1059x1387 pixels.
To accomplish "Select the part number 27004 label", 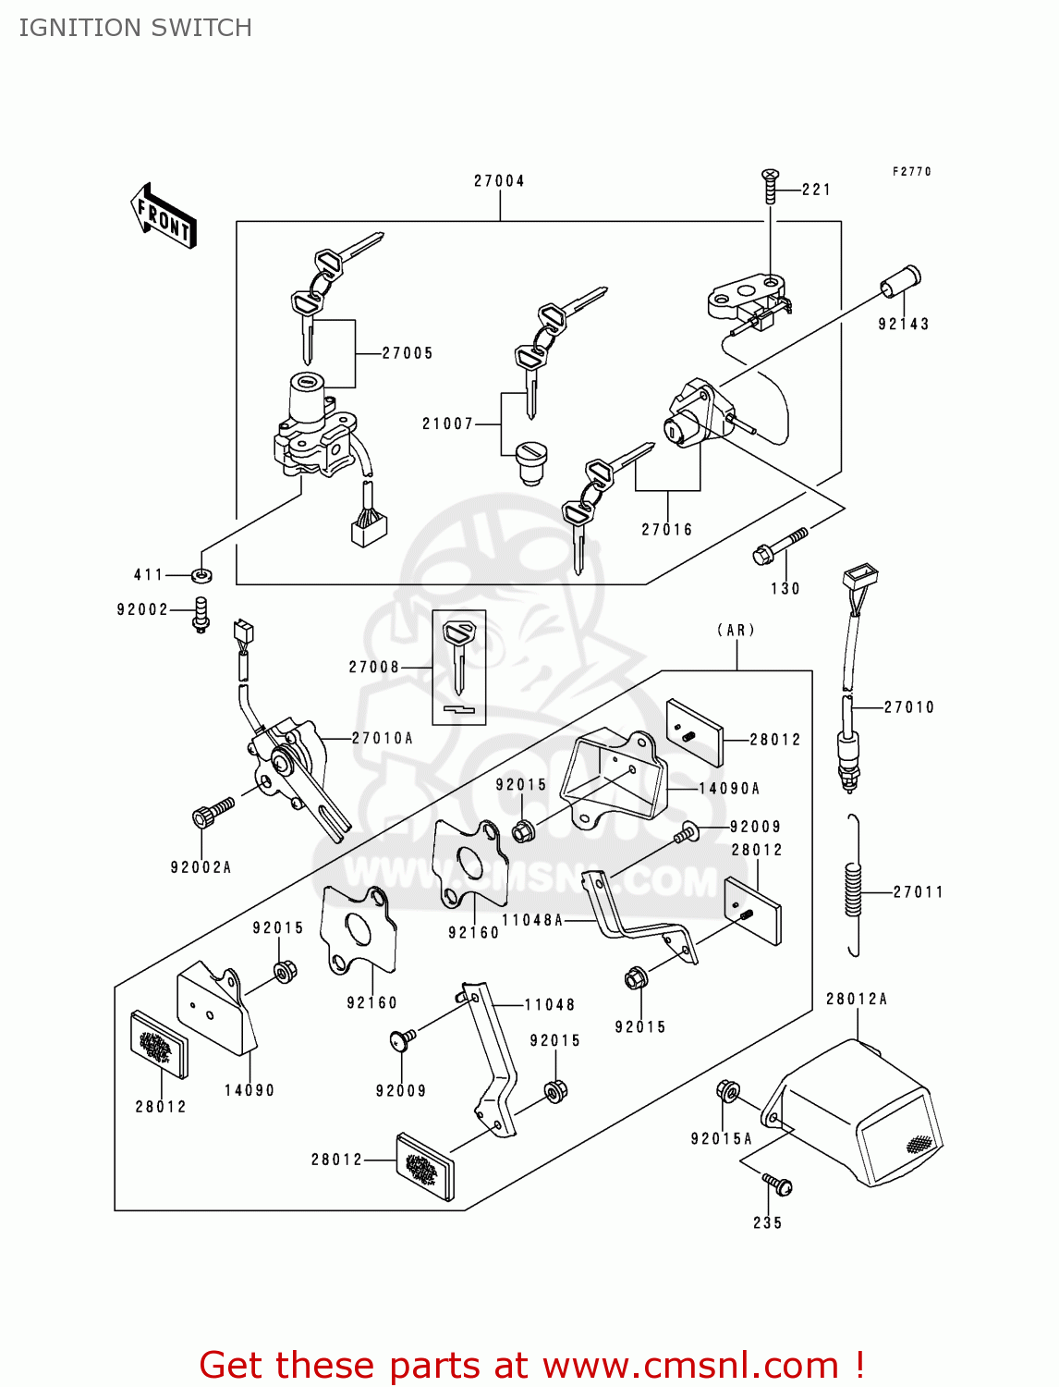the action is (x=499, y=181).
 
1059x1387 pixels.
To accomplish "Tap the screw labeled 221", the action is (x=770, y=186).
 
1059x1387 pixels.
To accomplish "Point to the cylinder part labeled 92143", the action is (x=901, y=282).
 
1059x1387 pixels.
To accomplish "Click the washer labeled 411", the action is (x=201, y=575).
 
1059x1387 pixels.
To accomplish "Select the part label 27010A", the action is (x=382, y=737).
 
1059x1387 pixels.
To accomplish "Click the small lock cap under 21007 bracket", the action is (x=531, y=462).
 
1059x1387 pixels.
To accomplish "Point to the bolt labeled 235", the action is (x=777, y=1184).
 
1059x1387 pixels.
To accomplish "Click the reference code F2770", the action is (x=912, y=171).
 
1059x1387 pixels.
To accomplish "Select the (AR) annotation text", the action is (x=736, y=630).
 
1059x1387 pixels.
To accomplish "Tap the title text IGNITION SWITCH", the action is (x=136, y=28).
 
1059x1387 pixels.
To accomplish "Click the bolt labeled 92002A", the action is (x=213, y=812).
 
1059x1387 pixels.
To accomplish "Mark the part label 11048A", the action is (x=532, y=920).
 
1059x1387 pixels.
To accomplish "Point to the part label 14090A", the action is (x=729, y=788).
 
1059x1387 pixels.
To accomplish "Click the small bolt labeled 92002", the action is (x=201, y=615).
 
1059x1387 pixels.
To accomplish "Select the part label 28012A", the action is (x=857, y=999).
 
